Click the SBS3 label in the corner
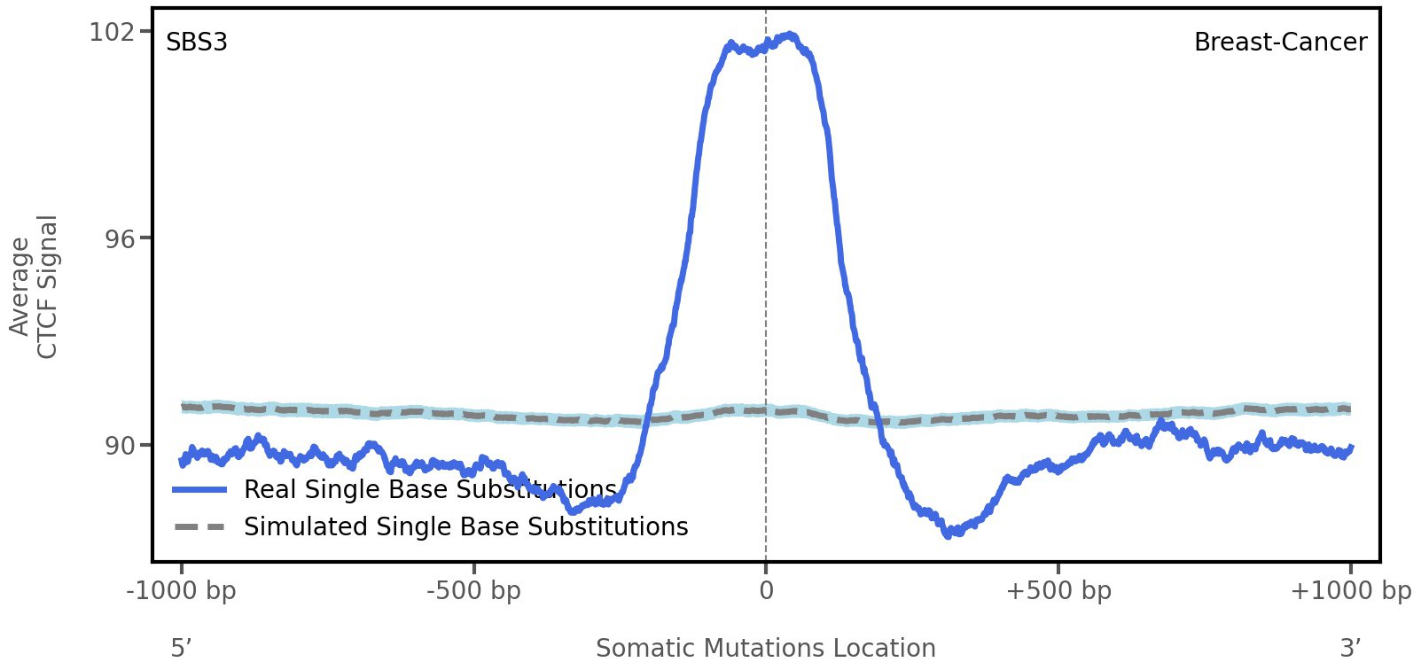(x=197, y=43)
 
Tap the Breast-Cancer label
(x=1280, y=43)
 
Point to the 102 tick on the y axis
(x=111, y=32)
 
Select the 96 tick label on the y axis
(x=120, y=239)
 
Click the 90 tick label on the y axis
(x=120, y=446)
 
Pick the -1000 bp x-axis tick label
(x=182, y=591)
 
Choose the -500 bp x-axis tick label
(x=473, y=591)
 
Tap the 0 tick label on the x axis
(x=766, y=591)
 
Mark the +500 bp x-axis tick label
(x=1058, y=591)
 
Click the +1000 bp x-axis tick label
(x=1350, y=591)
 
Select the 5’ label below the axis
(x=182, y=648)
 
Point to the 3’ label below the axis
(x=1350, y=648)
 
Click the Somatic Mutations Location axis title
(x=765, y=648)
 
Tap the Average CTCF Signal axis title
(x=34, y=286)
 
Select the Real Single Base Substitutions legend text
(x=430, y=489)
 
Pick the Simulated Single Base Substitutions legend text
(x=465, y=526)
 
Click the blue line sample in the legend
(x=200, y=489)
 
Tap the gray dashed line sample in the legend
(x=200, y=527)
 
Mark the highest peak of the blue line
(x=790, y=35)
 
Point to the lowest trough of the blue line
(x=949, y=534)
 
